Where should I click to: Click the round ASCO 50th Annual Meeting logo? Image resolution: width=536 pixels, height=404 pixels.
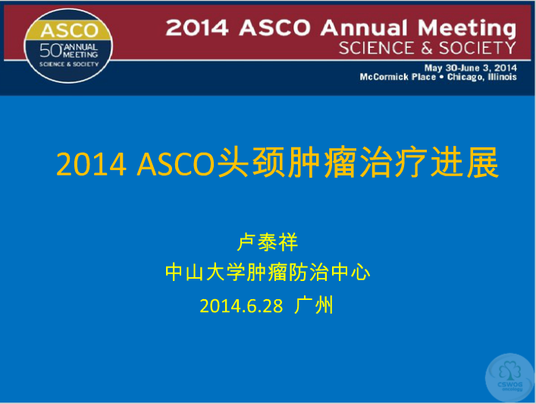click(68, 46)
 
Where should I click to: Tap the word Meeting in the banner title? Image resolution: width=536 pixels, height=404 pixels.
click(467, 29)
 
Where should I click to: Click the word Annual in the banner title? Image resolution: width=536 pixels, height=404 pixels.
click(364, 27)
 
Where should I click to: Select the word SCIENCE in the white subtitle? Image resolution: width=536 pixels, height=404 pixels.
click(376, 48)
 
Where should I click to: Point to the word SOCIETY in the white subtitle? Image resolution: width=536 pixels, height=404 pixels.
click(478, 48)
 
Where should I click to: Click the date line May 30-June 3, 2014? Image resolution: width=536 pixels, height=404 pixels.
click(470, 68)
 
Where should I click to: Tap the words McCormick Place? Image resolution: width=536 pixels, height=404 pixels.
click(398, 77)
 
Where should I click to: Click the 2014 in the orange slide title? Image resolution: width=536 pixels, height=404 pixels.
click(91, 164)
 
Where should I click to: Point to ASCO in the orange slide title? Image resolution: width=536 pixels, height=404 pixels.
click(176, 164)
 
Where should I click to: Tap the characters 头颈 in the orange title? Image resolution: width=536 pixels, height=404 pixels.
click(251, 162)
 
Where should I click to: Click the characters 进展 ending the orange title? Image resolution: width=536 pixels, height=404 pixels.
click(465, 162)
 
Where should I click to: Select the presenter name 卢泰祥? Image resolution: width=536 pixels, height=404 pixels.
click(268, 242)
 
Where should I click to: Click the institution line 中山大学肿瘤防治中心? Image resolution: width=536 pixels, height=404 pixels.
click(268, 273)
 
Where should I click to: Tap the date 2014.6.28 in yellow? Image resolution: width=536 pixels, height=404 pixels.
click(241, 306)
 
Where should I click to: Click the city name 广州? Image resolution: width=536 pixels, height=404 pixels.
click(314, 305)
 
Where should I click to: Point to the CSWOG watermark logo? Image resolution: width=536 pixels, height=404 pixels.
click(509, 377)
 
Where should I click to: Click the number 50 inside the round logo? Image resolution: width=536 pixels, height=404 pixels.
click(50, 51)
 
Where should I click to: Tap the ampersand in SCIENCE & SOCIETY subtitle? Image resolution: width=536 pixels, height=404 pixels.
click(427, 49)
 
